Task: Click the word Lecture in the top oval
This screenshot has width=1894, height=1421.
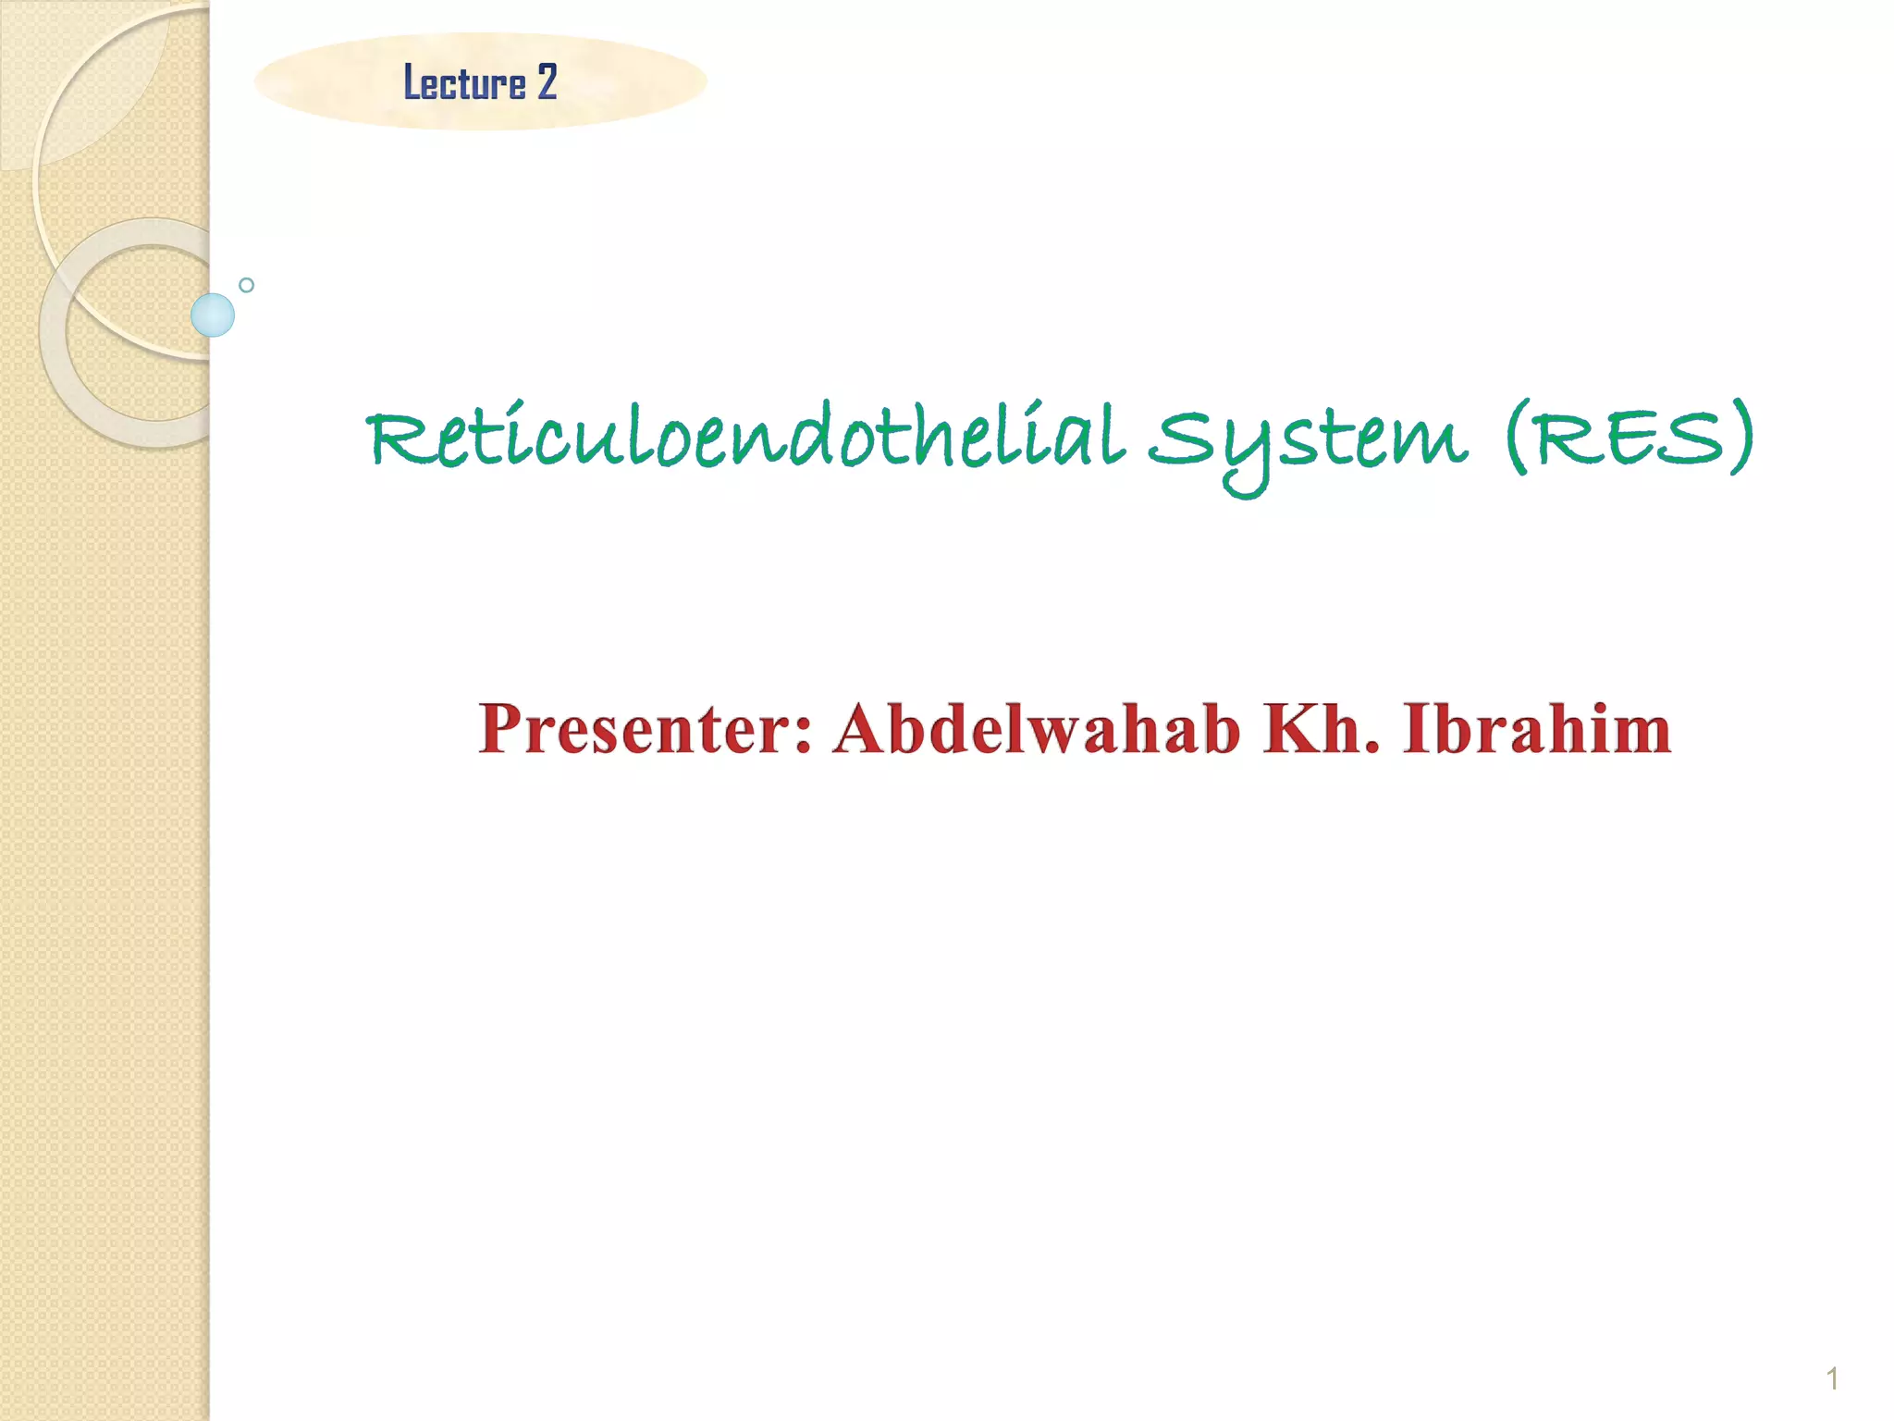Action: [464, 82]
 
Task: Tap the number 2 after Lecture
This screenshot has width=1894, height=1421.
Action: [547, 82]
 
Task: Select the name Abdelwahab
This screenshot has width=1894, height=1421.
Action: [1036, 729]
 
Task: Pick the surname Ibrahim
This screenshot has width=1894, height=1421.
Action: [1537, 729]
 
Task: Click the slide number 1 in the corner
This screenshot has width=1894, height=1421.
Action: [1832, 1379]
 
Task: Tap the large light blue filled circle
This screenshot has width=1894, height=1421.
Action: [213, 315]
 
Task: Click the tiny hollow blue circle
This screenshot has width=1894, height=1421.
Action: [246, 285]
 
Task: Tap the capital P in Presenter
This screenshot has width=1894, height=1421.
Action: [505, 729]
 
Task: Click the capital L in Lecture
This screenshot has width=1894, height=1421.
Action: [412, 82]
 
